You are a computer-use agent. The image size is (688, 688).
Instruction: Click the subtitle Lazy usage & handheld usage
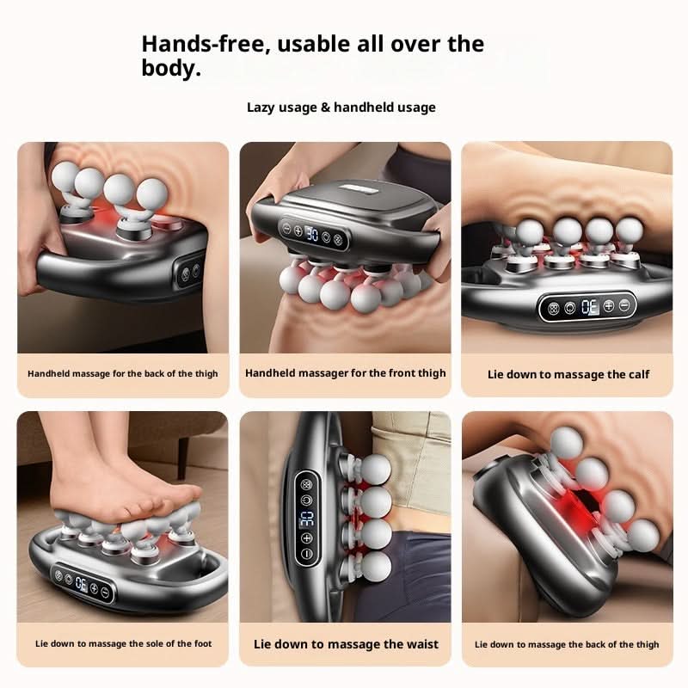click(341, 107)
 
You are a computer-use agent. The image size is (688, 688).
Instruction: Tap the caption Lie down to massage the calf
click(568, 374)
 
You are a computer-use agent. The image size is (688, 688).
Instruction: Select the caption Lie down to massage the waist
click(346, 644)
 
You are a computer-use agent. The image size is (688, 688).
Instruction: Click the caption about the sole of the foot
click(123, 643)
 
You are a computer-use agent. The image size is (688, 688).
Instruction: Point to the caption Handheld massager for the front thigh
click(346, 373)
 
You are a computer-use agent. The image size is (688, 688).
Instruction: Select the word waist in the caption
click(417, 644)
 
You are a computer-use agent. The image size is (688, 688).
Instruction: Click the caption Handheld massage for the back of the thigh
click(123, 374)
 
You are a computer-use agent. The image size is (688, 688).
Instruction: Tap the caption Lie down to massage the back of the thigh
click(567, 644)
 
